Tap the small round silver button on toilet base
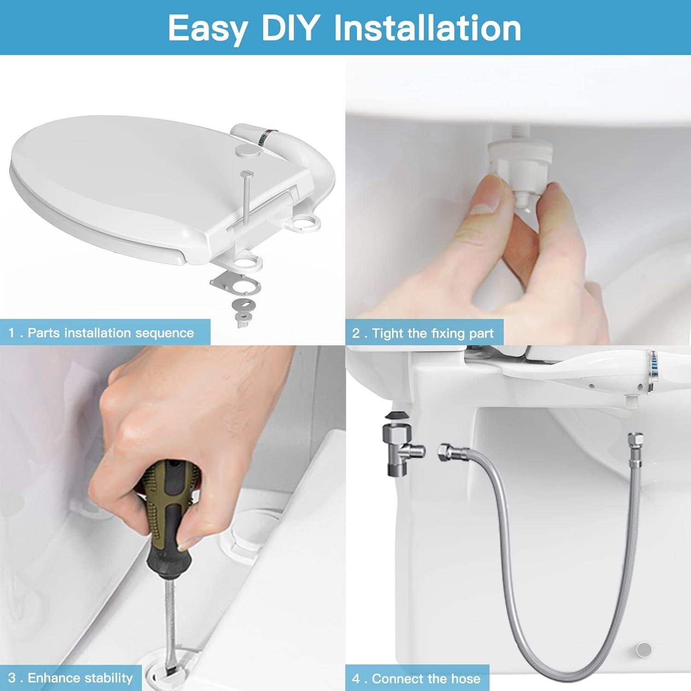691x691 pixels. [644, 650]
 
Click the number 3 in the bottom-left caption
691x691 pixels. [12, 678]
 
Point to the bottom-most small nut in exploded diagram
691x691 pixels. [241, 321]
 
